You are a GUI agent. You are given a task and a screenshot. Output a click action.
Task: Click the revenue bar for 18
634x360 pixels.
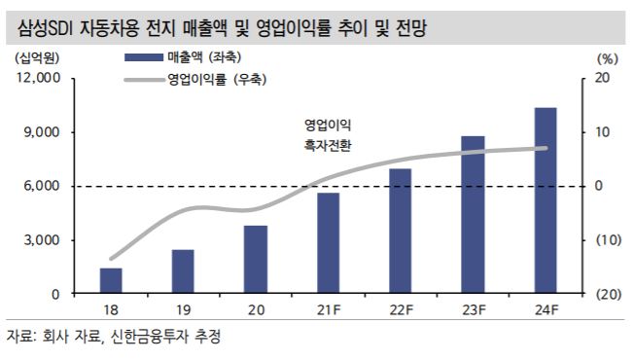pos(111,280)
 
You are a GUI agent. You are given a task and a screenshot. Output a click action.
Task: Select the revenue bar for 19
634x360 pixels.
pos(183,271)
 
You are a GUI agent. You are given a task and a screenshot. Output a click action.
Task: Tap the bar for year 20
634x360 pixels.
pos(255,259)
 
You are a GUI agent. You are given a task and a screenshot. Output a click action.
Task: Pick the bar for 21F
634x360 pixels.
pos(328,243)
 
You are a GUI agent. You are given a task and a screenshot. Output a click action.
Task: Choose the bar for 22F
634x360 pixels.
pos(400,231)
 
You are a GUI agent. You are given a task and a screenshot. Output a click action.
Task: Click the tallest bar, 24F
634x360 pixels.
pos(545,200)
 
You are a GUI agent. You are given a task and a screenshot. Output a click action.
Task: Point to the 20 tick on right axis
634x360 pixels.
pos(600,78)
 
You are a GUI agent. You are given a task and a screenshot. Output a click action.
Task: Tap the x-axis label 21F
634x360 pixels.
pos(328,310)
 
